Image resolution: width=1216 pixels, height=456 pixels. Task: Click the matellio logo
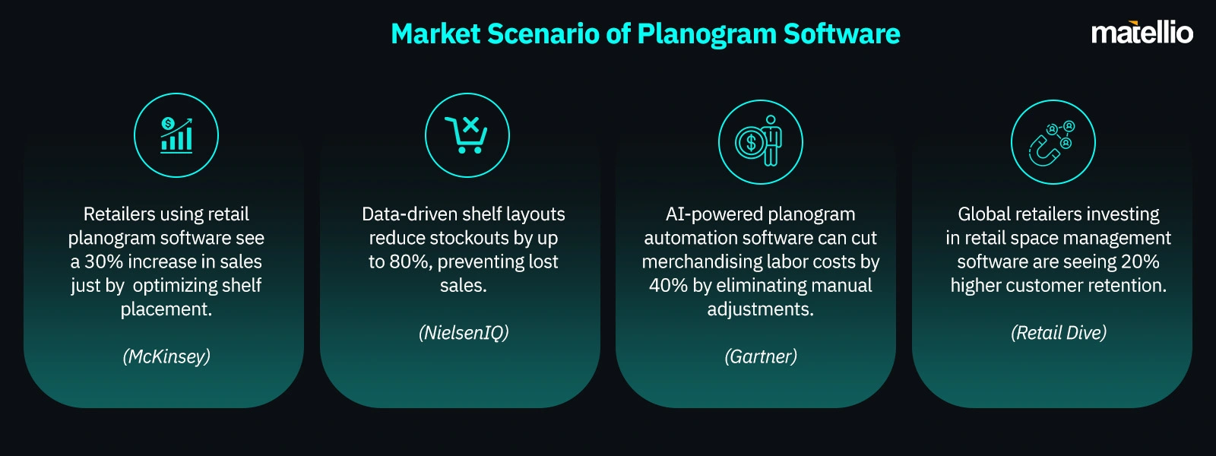click(1142, 33)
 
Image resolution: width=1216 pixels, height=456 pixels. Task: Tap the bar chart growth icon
click(176, 135)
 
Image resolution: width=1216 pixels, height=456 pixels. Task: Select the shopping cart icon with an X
click(467, 135)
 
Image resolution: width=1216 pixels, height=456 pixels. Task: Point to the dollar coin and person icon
click(759, 141)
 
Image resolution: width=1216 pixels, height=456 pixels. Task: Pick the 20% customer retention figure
click(1140, 261)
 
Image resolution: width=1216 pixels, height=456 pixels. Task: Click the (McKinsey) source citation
click(166, 356)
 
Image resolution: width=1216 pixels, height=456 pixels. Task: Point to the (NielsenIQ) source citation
click(464, 333)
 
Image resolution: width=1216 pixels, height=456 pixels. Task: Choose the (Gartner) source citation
click(761, 356)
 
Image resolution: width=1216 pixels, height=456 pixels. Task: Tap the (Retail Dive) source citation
click(1059, 333)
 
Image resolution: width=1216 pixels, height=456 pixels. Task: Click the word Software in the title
click(841, 33)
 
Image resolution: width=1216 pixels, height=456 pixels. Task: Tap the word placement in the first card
click(166, 309)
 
